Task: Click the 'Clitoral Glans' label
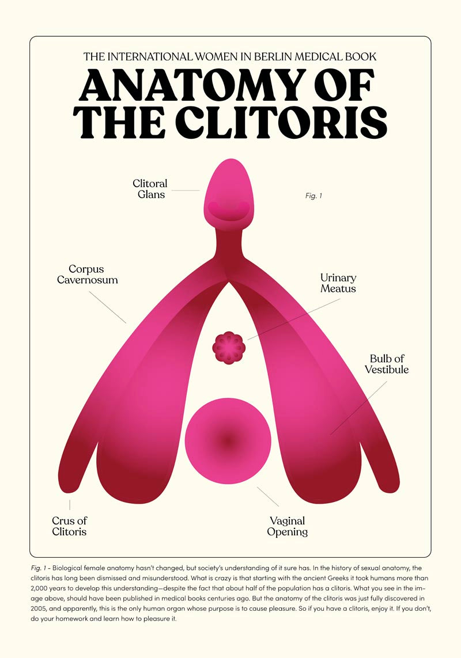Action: (150, 189)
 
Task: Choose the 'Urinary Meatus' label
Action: (338, 283)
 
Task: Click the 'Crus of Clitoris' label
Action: (69, 526)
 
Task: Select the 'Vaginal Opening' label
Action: (287, 526)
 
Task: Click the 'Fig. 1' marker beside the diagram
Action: (313, 196)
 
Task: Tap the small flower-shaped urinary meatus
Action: (229, 347)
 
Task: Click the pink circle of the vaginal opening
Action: (228, 440)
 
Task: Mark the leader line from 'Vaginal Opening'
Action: (268, 496)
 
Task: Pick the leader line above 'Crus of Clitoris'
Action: (69, 505)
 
